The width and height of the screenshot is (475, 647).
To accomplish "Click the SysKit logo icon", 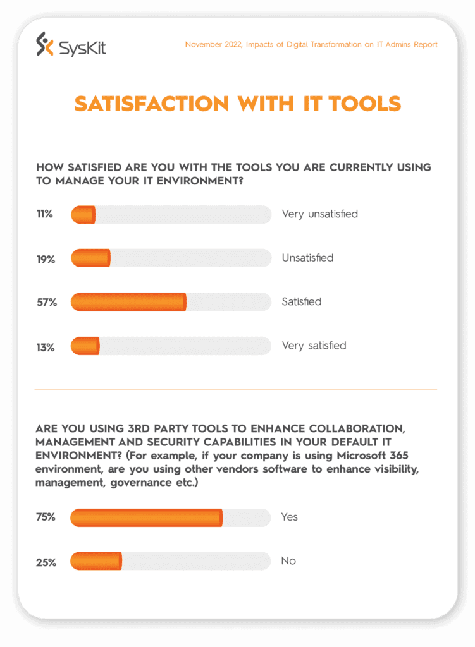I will click(45, 44).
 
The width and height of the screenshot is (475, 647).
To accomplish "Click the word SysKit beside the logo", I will click(82, 45).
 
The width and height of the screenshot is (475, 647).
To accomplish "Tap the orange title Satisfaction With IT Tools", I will click(238, 104).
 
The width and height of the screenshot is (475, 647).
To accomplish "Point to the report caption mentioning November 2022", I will click(311, 45).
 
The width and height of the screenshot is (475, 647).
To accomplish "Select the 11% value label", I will click(45, 214).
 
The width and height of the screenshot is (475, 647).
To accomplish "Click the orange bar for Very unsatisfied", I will click(83, 214).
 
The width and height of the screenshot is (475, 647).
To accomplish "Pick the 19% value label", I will click(46, 258).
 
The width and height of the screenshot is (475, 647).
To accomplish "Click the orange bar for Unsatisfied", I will click(90, 258).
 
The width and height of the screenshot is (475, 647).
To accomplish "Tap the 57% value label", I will click(46, 302).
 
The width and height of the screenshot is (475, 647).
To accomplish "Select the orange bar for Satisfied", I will click(128, 302).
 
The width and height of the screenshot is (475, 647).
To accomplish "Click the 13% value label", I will click(46, 346).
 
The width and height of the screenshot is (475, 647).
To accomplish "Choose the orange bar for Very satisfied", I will click(85, 346).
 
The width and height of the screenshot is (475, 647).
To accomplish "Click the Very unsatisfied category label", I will click(319, 214).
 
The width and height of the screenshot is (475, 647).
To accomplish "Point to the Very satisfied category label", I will click(314, 346).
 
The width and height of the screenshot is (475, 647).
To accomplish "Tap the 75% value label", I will click(46, 517).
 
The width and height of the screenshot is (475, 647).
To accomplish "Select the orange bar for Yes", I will click(146, 517).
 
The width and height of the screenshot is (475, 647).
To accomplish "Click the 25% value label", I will click(46, 562).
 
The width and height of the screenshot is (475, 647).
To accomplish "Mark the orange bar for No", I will click(96, 561).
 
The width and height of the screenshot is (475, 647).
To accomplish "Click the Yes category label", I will click(289, 517).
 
